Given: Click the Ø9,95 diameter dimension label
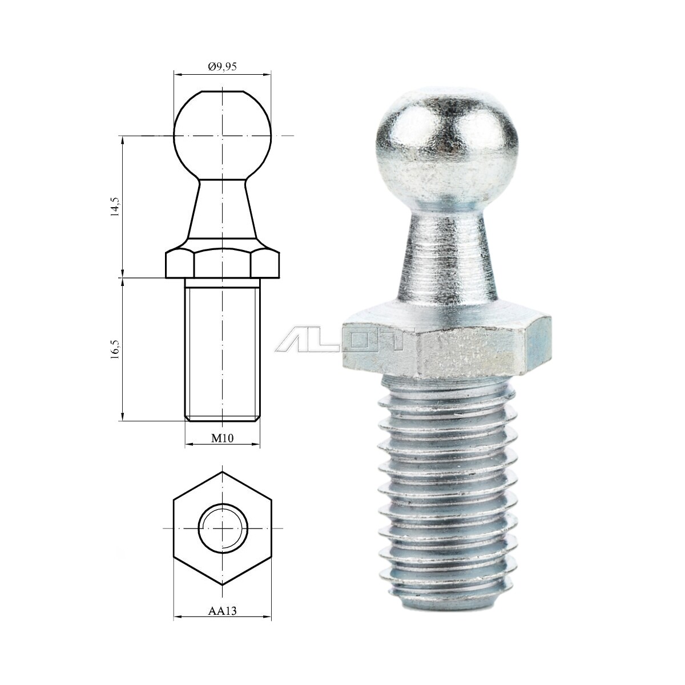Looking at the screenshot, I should click(x=222, y=67).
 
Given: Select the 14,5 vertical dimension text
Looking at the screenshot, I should click(x=115, y=207).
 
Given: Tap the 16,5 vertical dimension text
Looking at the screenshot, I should click(x=115, y=349).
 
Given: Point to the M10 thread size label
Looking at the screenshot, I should click(x=222, y=438).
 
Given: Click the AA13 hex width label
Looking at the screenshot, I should click(x=222, y=610).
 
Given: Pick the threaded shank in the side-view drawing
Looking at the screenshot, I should click(x=222, y=348).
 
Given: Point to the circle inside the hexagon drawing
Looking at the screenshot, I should click(x=222, y=529).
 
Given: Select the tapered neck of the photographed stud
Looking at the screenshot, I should click(x=445, y=251).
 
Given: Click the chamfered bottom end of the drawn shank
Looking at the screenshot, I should click(x=222, y=419).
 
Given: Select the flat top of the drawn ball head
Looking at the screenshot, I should click(x=222, y=91).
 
